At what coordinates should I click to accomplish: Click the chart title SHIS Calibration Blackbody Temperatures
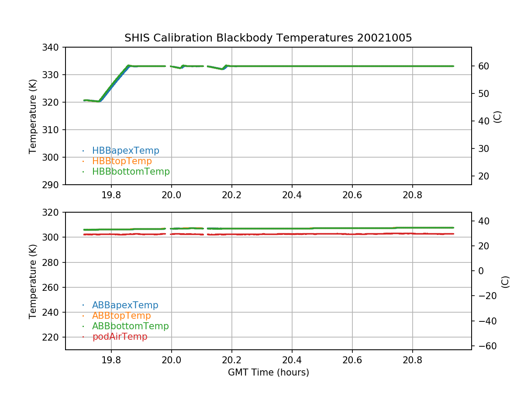coord(268,38)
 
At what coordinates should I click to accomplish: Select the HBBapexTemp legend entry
coord(125,151)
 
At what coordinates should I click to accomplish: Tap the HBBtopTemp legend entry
coord(122,161)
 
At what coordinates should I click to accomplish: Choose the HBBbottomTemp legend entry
coord(131,172)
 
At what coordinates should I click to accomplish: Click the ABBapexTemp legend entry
coord(125,305)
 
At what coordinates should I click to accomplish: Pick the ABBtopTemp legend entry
coord(121,316)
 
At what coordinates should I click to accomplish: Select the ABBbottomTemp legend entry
coord(130,326)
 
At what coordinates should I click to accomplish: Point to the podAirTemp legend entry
coord(120,337)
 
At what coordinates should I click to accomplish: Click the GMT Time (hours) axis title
coord(268,372)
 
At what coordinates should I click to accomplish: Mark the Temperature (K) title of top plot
coord(33,116)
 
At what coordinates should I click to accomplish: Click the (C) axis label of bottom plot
coord(505,281)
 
